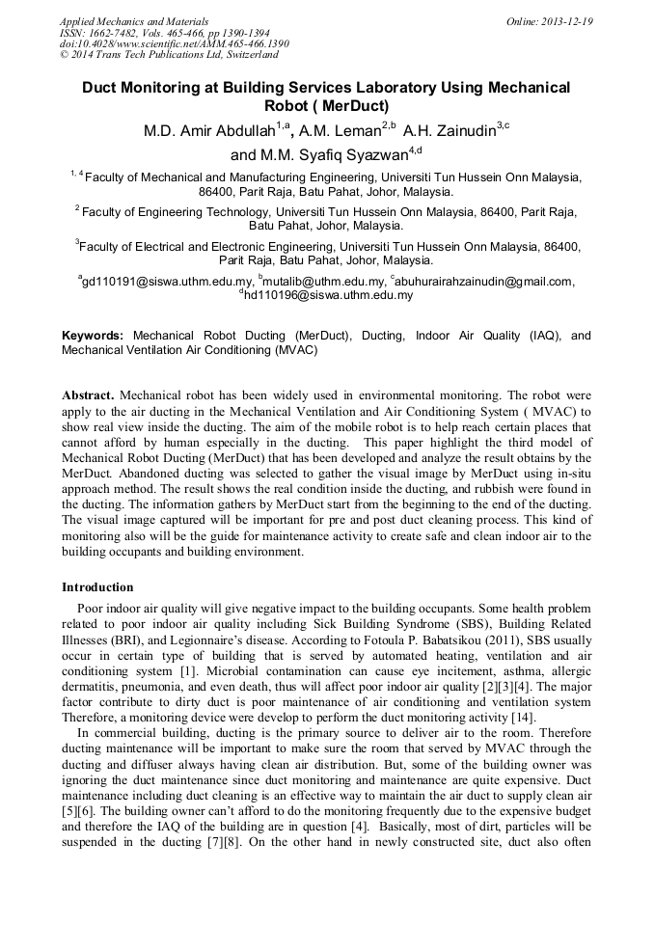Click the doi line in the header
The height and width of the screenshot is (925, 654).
(x=174, y=44)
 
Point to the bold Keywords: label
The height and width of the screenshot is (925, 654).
(x=93, y=336)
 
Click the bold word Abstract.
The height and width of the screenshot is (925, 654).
(x=88, y=395)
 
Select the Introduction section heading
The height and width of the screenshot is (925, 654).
(x=97, y=586)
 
